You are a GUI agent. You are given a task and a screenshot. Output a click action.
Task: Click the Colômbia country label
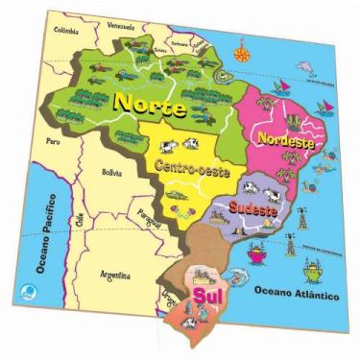coord(67,29)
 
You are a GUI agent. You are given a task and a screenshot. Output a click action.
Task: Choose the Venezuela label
coord(121,25)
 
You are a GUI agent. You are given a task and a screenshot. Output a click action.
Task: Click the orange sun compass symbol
coord(239,43)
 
